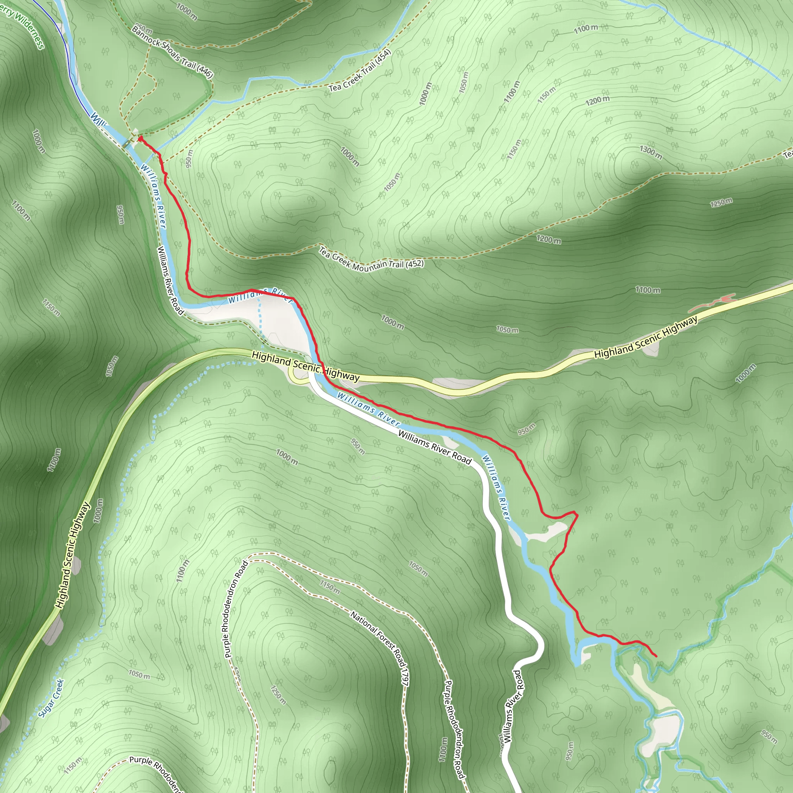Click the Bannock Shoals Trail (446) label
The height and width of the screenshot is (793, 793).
[172, 52]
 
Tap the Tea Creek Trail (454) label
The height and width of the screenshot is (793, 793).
[360, 71]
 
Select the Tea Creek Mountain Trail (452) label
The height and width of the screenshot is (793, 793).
[371, 260]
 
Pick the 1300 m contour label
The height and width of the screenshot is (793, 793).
[651, 152]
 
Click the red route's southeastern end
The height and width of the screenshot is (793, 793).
[656, 656]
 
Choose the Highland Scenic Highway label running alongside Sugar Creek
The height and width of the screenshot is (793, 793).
[72, 555]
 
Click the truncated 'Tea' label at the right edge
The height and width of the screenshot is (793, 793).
[788, 155]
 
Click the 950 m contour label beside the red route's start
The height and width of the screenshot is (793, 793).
[189, 158]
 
